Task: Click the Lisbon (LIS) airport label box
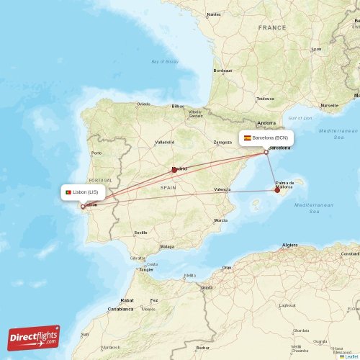[84, 192]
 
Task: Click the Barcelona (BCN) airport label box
[266, 138]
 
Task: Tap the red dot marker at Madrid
[174, 170]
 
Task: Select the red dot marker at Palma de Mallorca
[277, 190]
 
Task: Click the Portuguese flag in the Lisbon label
[68, 192]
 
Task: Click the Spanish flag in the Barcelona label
[248, 138]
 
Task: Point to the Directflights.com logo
[34, 337]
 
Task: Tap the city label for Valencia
[222, 189]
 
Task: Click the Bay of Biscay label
[165, 61]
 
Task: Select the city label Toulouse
[265, 99]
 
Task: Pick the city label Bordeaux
[223, 70]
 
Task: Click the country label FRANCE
[273, 27]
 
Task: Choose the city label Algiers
[290, 245]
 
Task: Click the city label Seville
[140, 233]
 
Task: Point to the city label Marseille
[329, 105]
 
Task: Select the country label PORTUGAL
[100, 180]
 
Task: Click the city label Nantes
[214, 14]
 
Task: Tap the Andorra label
[267, 123]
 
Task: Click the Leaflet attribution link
[351, 356]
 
